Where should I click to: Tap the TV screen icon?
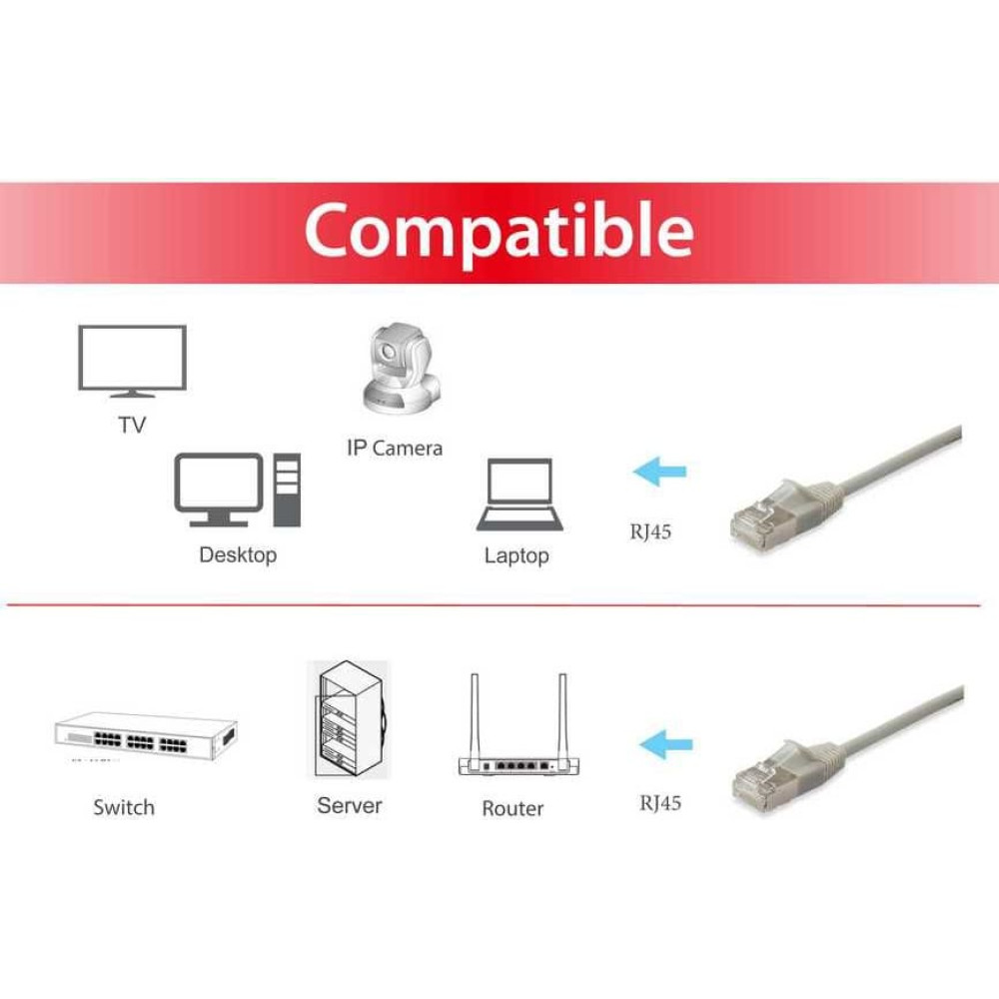click(133, 361)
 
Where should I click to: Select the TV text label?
click(132, 425)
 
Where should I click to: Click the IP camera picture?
click(402, 369)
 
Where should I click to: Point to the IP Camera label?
click(395, 448)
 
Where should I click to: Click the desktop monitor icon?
click(219, 490)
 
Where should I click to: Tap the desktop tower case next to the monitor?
click(287, 490)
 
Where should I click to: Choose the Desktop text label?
click(238, 554)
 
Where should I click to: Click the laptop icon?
click(519, 495)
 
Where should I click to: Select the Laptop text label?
click(516, 555)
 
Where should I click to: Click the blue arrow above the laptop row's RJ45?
click(659, 472)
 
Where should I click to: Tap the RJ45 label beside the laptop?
click(650, 531)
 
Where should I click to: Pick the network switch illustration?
click(146, 736)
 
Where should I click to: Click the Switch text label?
click(124, 807)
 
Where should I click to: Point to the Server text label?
click(349, 806)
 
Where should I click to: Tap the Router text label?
click(512, 808)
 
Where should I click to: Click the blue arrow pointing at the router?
click(665, 744)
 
